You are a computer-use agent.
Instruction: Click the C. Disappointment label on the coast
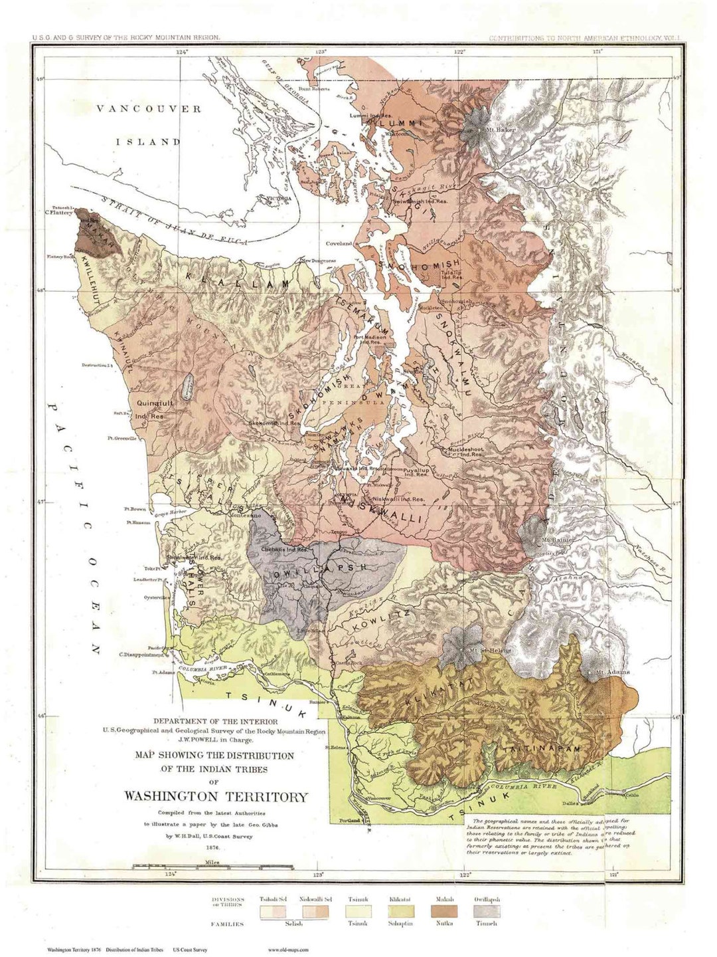(143, 653)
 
